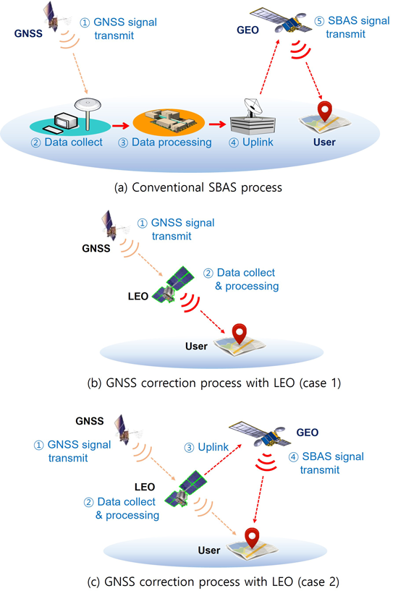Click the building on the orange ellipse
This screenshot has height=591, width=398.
tap(169, 122)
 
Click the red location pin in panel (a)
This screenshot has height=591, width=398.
tap(324, 111)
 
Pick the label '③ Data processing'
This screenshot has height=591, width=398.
tap(165, 143)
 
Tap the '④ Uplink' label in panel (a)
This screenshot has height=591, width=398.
tap(250, 143)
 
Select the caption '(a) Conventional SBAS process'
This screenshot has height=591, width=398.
tap(198, 187)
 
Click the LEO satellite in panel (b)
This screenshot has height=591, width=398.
tap(174, 284)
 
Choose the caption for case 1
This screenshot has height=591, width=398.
tap(214, 383)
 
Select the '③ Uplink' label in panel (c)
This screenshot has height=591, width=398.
tap(206, 447)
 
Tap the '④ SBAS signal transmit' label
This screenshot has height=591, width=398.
tap(326, 463)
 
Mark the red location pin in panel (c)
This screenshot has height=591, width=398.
tap(252, 539)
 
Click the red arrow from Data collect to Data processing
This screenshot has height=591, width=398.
tap(121, 126)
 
